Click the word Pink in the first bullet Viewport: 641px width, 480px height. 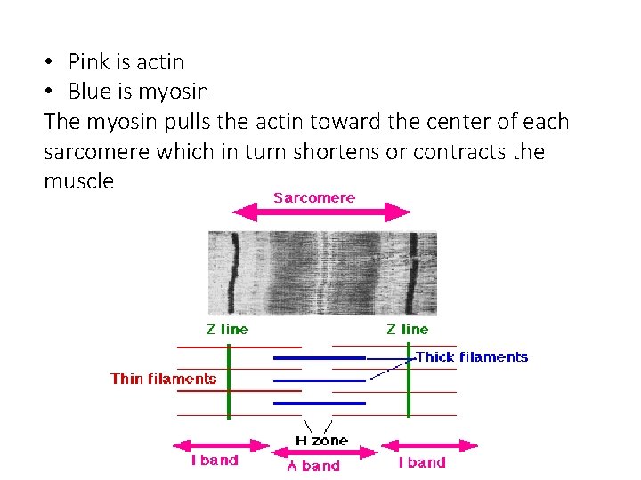click(x=88, y=62)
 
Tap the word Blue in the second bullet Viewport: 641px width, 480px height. click(x=89, y=92)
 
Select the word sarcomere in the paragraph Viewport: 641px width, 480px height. click(x=97, y=152)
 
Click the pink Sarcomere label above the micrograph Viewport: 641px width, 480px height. click(x=314, y=197)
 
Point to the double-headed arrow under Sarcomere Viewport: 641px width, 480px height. click(x=320, y=212)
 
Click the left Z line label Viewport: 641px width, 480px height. click(x=227, y=329)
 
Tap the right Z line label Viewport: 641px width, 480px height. click(x=408, y=329)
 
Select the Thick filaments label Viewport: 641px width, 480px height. click(x=472, y=357)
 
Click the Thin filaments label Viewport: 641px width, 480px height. click(x=163, y=379)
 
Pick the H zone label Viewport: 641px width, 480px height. click(x=321, y=440)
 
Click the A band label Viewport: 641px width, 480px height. click(x=313, y=466)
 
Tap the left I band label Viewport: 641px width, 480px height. click(x=215, y=461)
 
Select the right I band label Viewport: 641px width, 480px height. click(x=422, y=462)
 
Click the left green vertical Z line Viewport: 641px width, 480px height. click(x=229, y=380)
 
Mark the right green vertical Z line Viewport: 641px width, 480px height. click(x=409, y=380)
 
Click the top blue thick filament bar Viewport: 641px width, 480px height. click(x=320, y=357)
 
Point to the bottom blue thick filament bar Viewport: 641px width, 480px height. click(x=320, y=403)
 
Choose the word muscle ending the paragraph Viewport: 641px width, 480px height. click(x=78, y=181)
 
